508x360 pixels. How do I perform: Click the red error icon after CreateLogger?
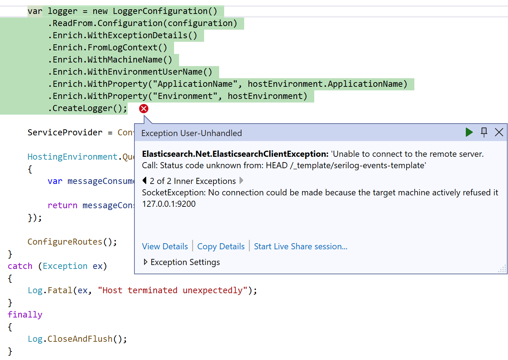pyautogui.click(x=144, y=109)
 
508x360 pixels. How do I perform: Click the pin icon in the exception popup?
pyautogui.click(x=484, y=132)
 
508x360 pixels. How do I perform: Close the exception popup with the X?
pyautogui.click(x=499, y=132)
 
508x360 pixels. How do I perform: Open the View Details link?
pyautogui.click(x=165, y=246)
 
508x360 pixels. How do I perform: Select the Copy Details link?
pyautogui.click(x=221, y=246)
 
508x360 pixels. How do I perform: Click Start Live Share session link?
pyautogui.click(x=301, y=246)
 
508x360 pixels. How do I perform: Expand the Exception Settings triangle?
pyautogui.click(x=145, y=262)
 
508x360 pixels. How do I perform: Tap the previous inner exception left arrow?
pyautogui.click(x=144, y=181)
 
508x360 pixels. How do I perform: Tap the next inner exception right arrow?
pyautogui.click(x=241, y=181)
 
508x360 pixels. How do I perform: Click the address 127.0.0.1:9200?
pyautogui.click(x=169, y=204)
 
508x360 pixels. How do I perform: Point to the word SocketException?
pyautogui.click(x=173, y=192)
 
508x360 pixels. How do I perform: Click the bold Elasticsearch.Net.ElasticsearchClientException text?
pyautogui.click(x=235, y=154)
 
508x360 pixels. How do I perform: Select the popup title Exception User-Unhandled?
pyautogui.click(x=192, y=133)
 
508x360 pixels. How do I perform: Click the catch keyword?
pyautogui.click(x=20, y=266)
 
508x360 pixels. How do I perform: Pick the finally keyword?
pyautogui.click(x=25, y=315)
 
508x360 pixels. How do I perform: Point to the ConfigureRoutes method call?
pyautogui.click(x=65, y=242)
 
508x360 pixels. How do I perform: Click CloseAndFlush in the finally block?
pyautogui.click(x=80, y=339)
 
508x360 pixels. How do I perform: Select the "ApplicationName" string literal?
pyautogui.click(x=195, y=84)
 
